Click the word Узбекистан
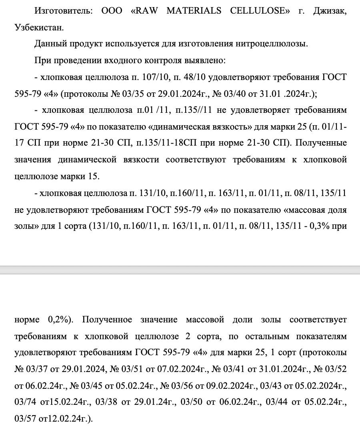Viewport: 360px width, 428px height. pos(38,28)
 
